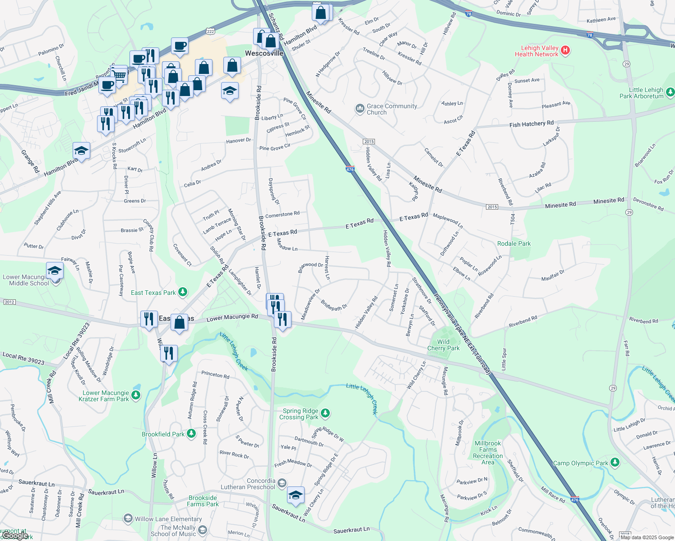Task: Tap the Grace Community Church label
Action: (392, 109)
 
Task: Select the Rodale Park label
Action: (514, 243)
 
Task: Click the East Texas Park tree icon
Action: (183, 292)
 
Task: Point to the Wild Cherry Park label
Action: (444, 345)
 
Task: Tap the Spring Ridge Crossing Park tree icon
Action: (325, 413)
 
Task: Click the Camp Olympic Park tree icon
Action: (615, 463)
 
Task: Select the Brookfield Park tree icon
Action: (191, 434)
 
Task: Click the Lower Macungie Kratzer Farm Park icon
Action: (136, 395)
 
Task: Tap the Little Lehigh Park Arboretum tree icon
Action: (670, 92)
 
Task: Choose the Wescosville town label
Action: (264, 53)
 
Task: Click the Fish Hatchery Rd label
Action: (531, 124)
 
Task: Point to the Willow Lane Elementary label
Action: (168, 519)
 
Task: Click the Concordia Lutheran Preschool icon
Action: (282, 483)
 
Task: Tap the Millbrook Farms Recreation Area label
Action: (488, 453)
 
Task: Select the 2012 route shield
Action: (9, 302)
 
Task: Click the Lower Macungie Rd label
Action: (232, 318)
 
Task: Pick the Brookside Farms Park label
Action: (203, 501)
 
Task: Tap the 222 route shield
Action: (210, 31)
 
